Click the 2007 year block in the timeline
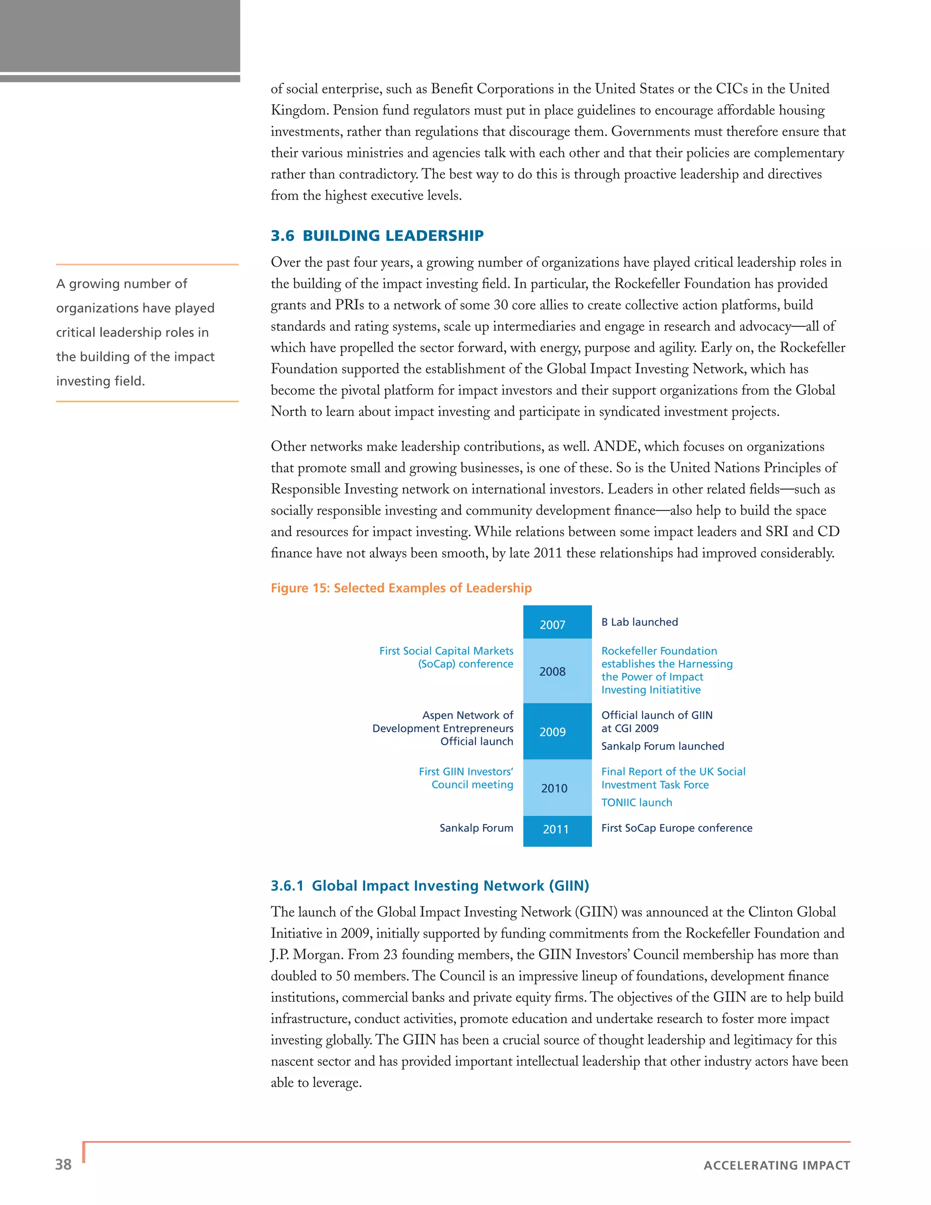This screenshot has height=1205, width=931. click(x=557, y=623)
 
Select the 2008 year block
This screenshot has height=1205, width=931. click(x=557, y=671)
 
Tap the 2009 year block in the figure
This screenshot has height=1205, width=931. click(x=557, y=731)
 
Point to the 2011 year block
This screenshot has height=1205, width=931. click(x=557, y=829)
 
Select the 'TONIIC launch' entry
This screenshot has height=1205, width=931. click(x=636, y=802)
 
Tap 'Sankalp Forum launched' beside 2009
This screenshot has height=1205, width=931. click(x=662, y=746)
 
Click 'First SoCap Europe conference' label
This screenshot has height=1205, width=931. click(x=676, y=828)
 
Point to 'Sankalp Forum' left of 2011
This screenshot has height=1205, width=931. click(x=476, y=828)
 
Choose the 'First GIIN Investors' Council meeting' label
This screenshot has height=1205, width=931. click(x=466, y=778)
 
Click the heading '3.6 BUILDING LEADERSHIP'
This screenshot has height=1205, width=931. click(x=377, y=236)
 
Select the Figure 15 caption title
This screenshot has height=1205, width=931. click(x=401, y=587)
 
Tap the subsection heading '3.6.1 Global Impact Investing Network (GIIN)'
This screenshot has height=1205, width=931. click(x=430, y=885)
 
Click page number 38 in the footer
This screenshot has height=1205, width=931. click(x=64, y=1164)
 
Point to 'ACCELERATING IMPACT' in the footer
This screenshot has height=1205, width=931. click(x=776, y=1165)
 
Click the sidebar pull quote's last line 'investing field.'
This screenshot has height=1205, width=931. click(x=100, y=381)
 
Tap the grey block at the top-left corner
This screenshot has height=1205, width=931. click(x=120, y=36)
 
